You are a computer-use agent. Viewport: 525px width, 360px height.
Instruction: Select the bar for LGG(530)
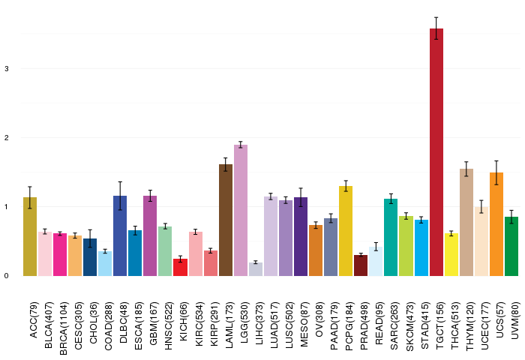point(241,210)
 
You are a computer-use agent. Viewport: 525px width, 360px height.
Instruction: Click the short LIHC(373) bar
point(256,268)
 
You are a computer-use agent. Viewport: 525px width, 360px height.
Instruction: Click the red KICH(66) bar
point(181,267)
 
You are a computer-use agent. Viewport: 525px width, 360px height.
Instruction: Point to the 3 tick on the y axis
point(6,69)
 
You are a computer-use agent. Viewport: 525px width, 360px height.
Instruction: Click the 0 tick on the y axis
point(6,276)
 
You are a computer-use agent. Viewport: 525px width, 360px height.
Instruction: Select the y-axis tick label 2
point(6,138)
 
